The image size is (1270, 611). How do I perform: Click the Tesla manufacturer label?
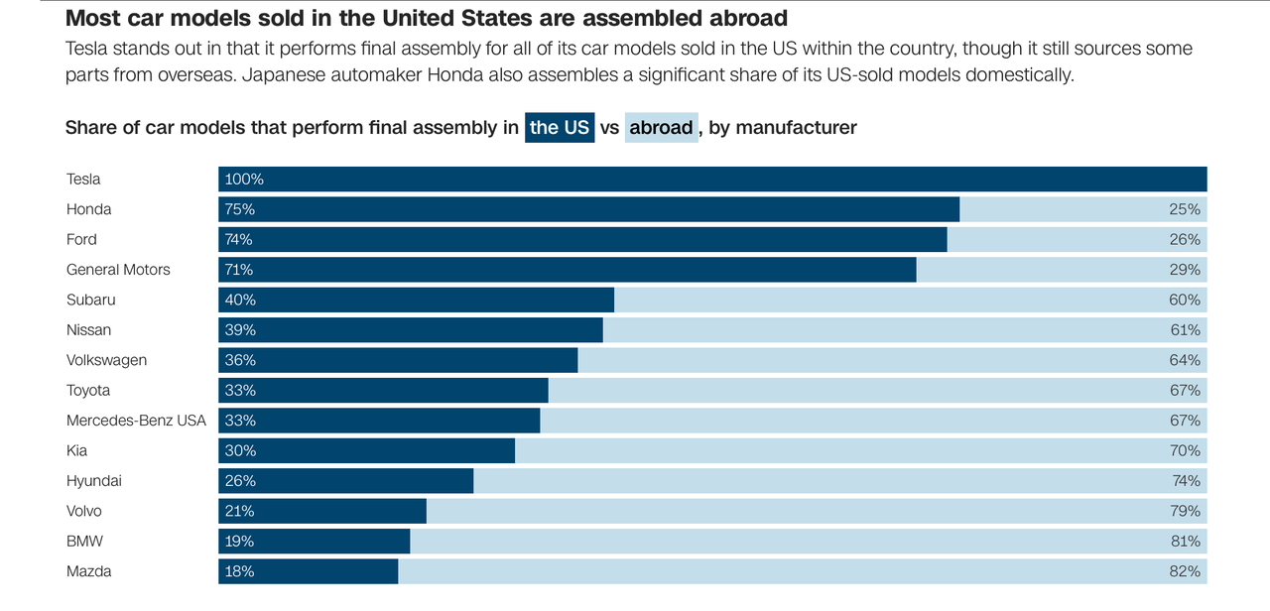83,180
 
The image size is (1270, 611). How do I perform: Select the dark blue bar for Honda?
588,209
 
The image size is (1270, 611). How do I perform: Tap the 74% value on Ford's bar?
238,239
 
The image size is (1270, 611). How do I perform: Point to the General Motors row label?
118,270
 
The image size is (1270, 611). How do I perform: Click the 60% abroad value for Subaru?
1185,300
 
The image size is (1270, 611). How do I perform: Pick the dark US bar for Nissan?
411,329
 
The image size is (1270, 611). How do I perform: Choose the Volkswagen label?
106,360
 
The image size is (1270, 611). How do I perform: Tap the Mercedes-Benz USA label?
136,421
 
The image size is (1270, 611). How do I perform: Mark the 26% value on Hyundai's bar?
239,481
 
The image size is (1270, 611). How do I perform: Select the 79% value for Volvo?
1185,511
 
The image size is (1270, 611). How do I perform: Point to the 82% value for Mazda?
1185,571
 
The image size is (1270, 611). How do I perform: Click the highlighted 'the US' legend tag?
560,128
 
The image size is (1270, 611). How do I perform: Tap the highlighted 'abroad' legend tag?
661,128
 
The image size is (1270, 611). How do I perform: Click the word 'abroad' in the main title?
739,18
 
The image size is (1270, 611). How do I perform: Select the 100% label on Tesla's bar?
244,180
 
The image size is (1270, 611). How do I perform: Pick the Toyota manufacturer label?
88,391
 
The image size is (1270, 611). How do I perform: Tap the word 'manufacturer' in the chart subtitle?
796,128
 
